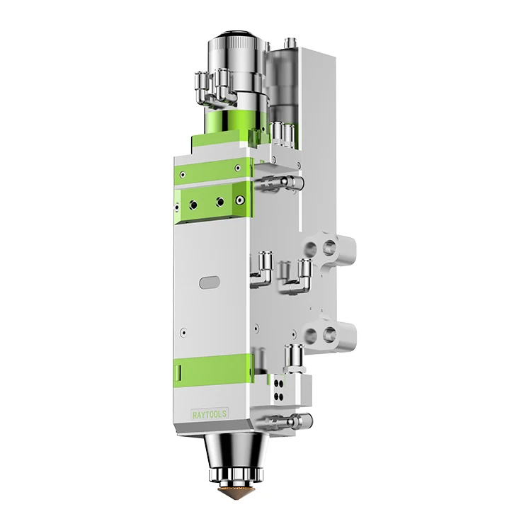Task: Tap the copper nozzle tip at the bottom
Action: tap(229, 492)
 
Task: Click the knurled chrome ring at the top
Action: tap(233, 57)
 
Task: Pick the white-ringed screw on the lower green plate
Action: tap(219, 202)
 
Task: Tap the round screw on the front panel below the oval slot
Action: tap(183, 330)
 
